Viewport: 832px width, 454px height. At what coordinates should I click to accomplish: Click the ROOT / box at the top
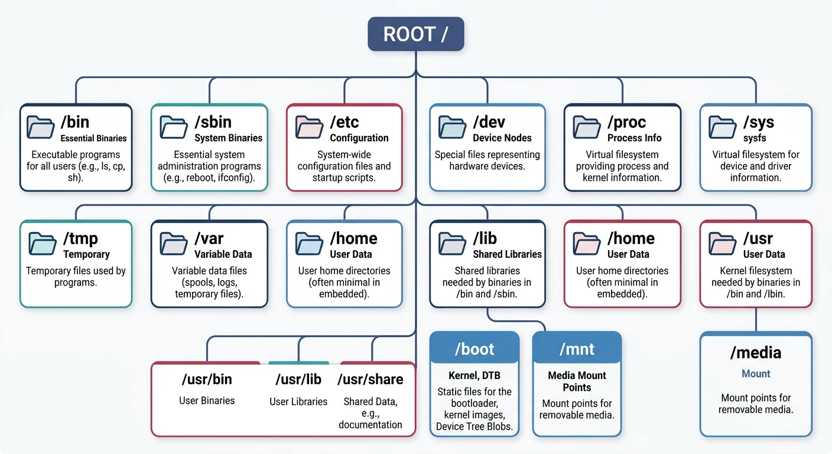[415, 34]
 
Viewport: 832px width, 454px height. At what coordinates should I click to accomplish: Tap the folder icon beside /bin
[40, 127]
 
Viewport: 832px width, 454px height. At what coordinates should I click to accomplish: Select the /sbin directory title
[213, 122]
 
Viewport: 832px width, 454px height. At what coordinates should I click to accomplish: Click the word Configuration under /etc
[359, 138]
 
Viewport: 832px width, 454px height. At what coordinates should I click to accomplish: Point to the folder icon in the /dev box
[452, 127]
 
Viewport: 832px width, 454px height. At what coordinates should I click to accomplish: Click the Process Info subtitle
[634, 138]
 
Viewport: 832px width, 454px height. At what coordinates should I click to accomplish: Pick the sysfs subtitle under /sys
[755, 138]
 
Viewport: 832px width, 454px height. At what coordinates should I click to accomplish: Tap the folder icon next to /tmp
[42, 243]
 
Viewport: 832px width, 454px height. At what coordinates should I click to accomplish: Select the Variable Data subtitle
[223, 254]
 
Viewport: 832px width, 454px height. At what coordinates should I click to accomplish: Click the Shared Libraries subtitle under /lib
[507, 254]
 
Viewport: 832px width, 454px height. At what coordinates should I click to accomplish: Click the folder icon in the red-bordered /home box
[587, 243]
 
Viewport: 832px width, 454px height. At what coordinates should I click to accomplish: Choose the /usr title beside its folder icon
[758, 238]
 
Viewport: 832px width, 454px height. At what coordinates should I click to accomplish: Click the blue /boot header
[474, 349]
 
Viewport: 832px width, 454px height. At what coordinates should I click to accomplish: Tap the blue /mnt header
[577, 349]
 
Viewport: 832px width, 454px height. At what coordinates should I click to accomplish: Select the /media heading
[755, 353]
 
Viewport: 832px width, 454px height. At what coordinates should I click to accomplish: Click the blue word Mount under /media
[756, 374]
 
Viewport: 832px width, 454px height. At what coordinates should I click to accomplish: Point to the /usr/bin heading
[206, 379]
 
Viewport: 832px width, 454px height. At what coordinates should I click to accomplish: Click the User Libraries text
[298, 401]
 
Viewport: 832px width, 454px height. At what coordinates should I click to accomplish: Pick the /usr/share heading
[370, 379]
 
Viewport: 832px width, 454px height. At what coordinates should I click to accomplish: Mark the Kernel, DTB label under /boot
[474, 375]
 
